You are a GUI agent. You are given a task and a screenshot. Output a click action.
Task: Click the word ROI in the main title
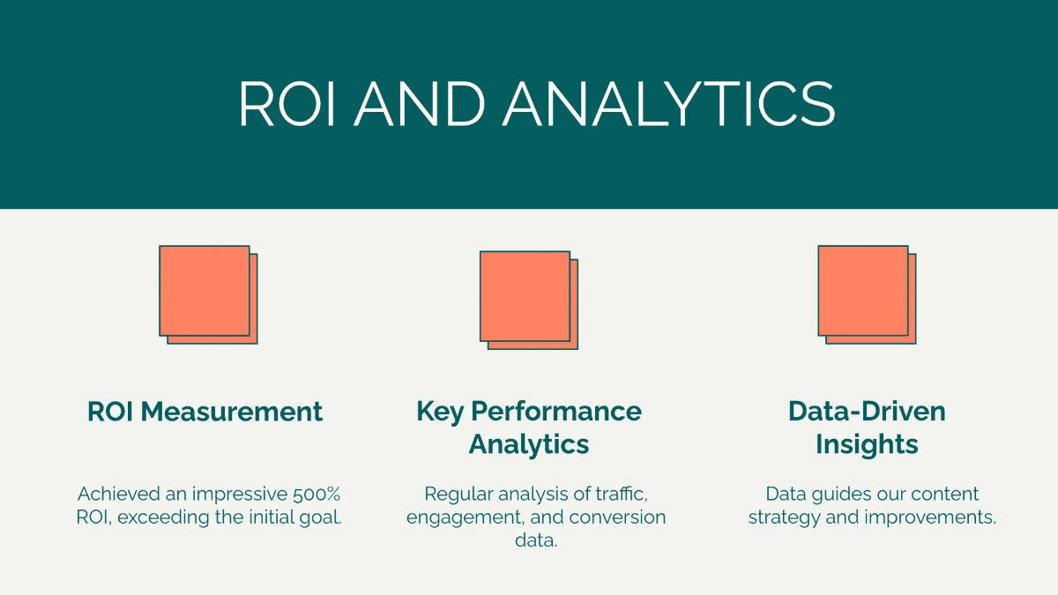click(287, 103)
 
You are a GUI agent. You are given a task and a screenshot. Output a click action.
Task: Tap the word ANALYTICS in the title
click(669, 103)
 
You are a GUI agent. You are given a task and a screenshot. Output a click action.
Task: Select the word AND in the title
click(420, 103)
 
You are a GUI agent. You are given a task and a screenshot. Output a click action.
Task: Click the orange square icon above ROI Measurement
click(208, 294)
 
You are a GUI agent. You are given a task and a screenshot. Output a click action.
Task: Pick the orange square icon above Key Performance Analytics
click(529, 301)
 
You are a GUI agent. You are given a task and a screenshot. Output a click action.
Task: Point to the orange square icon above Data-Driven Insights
click(868, 294)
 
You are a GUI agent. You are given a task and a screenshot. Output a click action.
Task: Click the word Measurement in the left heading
click(232, 412)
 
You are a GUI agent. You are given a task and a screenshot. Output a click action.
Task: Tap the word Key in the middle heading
click(440, 412)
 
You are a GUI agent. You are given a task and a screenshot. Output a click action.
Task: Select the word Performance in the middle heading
click(556, 412)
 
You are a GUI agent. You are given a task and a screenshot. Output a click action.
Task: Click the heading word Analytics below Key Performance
click(529, 445)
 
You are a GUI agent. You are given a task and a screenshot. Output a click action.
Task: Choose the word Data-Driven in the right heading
click(868, 412)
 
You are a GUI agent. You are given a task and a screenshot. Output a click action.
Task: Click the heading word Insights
click(868, 445)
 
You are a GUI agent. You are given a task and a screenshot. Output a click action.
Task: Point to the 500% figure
click(317, 495)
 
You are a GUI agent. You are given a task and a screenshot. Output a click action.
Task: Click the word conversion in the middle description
click(618, 517)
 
